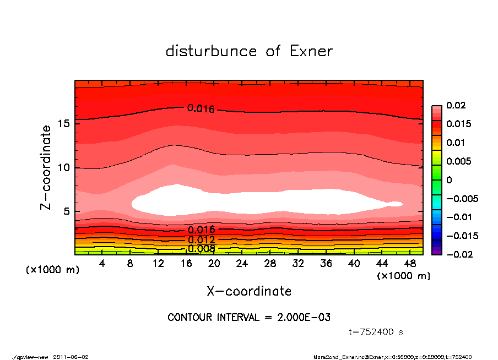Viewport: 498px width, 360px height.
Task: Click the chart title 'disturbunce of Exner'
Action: click(x=249, y=52)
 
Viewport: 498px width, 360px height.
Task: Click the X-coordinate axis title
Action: click(x=249, y=291)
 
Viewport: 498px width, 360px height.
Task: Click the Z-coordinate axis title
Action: click(x=46, y=167)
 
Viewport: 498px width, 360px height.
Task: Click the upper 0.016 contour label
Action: click(x=201, y=108)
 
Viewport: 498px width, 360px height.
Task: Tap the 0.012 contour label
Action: click(x=201, y=240)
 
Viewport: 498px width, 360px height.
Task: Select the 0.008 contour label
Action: click(x=201, y=249)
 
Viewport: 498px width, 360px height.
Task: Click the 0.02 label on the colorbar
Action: click(x=456, y=105)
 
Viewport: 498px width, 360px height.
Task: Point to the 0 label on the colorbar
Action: click(x=449, y=180)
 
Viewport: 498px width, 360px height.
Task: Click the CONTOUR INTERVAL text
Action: click(x=249, y=318)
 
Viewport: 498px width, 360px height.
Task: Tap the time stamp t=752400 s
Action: click(x=376, y=332)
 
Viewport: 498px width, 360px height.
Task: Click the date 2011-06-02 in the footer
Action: click(x=71, y=357)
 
